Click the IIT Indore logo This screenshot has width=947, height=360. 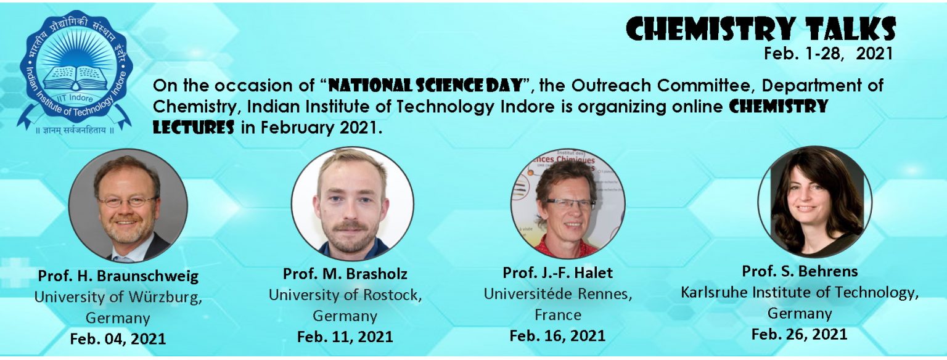[75, 72]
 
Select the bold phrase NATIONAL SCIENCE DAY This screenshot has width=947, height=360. [426, 86]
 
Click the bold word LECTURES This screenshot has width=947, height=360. [194, 127]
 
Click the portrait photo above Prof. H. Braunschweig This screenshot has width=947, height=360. [128, 205]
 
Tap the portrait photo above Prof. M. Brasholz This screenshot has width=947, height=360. [352, 203]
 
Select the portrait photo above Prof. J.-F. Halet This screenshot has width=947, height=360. [568, 203]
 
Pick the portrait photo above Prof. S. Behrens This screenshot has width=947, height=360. [814, 202]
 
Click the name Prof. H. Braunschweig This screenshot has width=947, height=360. [118, 276]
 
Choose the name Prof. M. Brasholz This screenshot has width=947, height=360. [345, 274]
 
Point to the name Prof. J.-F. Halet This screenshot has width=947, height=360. [557, 272]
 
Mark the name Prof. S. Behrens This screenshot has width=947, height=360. [800, 271]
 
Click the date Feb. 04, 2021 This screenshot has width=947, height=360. [118, 339]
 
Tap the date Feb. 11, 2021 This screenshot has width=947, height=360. [345, 337]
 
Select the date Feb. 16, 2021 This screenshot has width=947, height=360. [557, 335]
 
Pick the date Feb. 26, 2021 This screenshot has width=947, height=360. [800, 334]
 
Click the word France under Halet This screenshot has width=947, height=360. [558, 315]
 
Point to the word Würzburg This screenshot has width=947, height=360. [165, 297]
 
